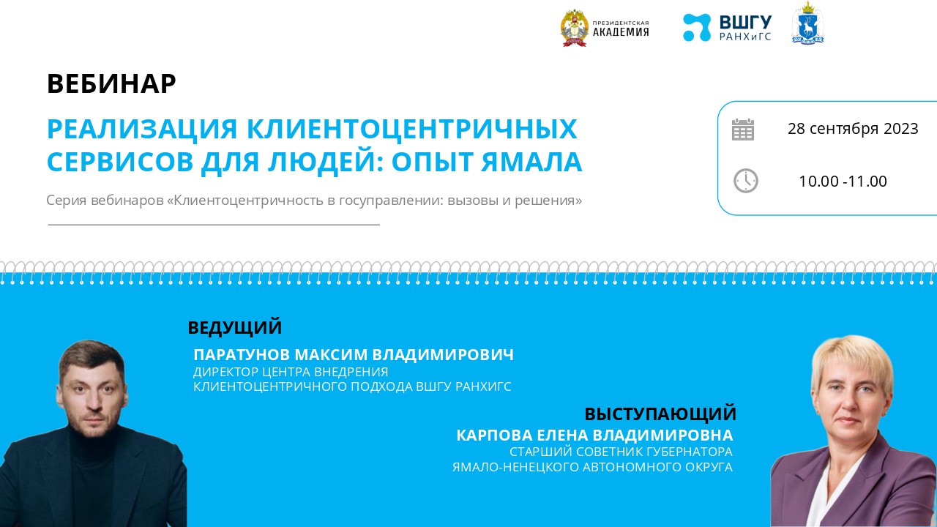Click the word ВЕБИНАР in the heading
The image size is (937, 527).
coord(111,84)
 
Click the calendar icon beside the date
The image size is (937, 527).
coord(743,130)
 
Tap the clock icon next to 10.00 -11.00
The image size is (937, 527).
coord(745,181)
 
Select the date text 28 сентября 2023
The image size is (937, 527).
coord(853,129)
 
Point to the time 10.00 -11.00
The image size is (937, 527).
coord(843,182)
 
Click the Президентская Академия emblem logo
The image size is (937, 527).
coord(575,29)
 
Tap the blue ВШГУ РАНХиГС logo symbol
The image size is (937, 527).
coord(696,28)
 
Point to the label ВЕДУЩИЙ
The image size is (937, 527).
coord(234,327)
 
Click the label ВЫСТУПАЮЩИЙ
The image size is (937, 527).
coord(660,414)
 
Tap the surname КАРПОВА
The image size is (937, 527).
coord(488,436)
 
